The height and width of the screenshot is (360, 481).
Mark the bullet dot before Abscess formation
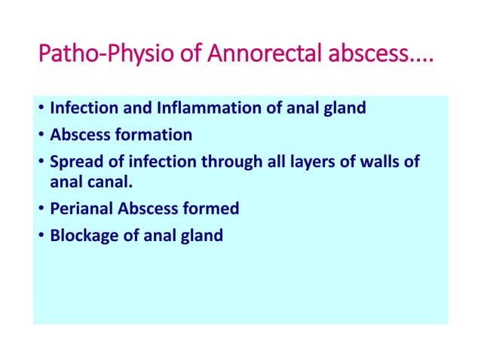point(41,136)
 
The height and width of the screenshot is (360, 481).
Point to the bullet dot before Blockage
point(41,236)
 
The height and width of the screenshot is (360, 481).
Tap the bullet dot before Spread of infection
point(41,163)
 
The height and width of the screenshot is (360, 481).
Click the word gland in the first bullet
point(345,108)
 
